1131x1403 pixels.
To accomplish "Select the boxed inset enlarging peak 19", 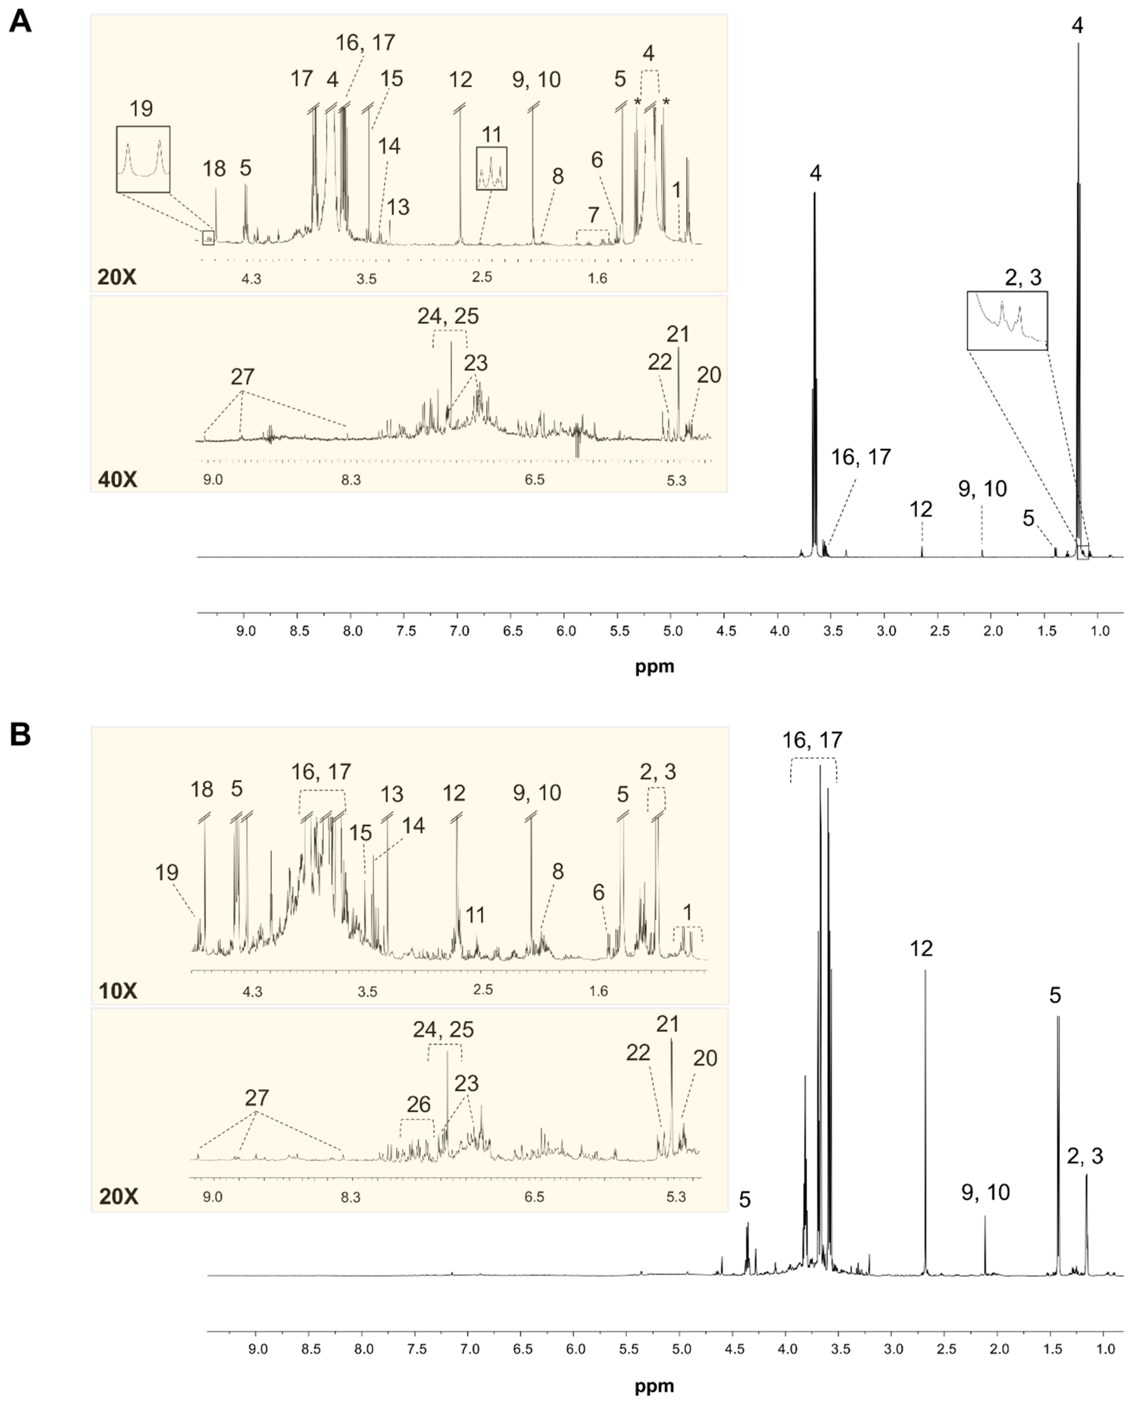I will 144,159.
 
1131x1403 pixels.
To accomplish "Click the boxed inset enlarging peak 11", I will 491,168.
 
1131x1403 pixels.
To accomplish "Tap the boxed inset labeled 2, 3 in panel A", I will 1007,320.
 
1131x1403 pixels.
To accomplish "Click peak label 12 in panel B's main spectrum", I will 921,948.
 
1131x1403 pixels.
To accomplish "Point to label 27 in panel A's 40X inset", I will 242,377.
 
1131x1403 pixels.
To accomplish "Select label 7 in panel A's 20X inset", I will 593,214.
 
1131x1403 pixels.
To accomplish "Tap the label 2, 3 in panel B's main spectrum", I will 1085,1156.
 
